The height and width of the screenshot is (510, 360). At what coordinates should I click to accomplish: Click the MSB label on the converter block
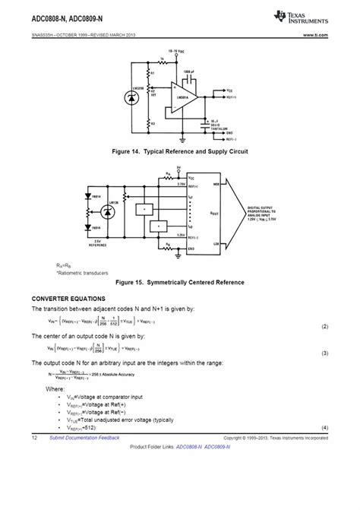click(x=216, y=182)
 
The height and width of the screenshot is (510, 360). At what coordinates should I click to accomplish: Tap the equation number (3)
click(x=324, y=353)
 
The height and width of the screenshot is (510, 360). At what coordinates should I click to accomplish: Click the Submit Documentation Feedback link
click(x=84, y=439)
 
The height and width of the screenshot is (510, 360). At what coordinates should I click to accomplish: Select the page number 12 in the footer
click(x=35, y=439)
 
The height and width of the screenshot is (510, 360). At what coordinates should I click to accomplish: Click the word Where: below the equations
click(x=55, y=388)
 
